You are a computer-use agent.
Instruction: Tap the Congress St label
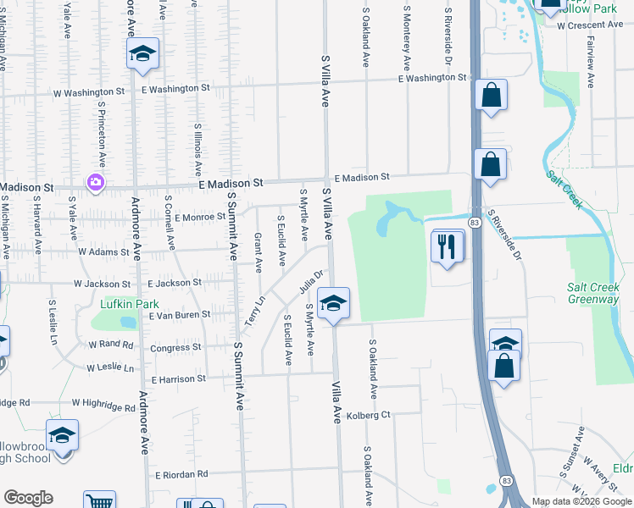[x=175, y=347]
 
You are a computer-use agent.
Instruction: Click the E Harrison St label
[x=176, y=378]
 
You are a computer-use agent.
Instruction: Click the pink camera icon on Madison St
[x=95, y=182]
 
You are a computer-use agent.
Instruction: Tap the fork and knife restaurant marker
[x=448, y=246]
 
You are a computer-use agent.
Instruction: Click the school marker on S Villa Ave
[x=334, y=303]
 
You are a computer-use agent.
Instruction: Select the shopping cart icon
[x=99, y=501]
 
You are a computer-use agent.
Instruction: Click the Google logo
[x=28, y=498]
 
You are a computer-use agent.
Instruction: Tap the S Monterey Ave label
[x=407, y=37]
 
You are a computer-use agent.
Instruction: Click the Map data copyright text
[x=581, y=501]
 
